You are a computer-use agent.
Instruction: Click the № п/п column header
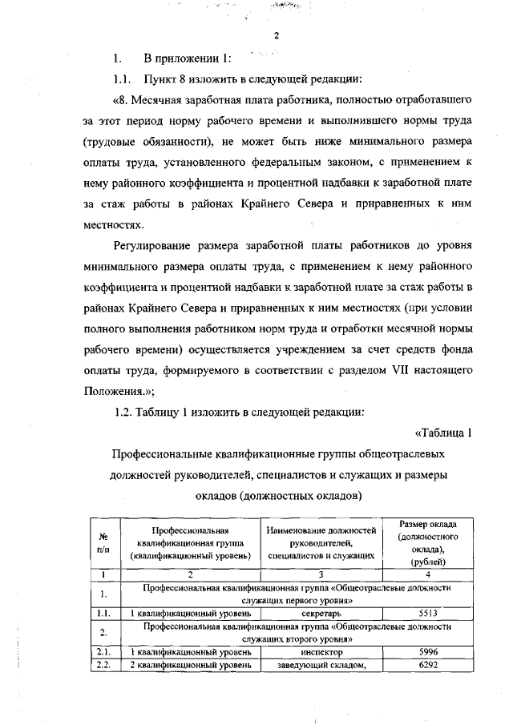click(103, 543)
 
